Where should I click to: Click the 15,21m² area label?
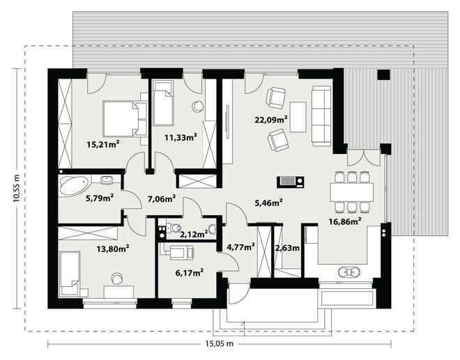pyautogui.click(x=103, y=144)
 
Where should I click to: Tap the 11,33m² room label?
pyautogui.click(x=181, y=137)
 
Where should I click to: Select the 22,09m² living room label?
pyautogui.click(x=271, y=119)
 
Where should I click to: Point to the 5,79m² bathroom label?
pyautogui.click(x=100, y=198)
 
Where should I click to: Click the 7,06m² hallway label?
pyautogui.click(x=162, y=199)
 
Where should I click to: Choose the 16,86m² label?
pyautogui.click(x=345, y=221)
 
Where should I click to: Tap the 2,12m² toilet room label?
pyautogui.click(x=194, y=234)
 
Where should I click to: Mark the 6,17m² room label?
pyautogui.click(x=190, y=273)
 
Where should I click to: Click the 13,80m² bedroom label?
pyautogui.click(x=113, y=249)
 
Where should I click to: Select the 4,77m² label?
pyautogui.click(x=241, y=247)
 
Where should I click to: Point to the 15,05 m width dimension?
pyautogui.click(x=220, y=343)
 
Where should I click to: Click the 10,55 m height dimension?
pyautogui.click(x=16, y=188)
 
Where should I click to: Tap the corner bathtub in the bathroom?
pyautogui.click(x=75, y=185)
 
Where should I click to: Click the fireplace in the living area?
pyautogui.click(x=290, y=182)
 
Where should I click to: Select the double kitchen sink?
pyautogui.click(x=348, y=272)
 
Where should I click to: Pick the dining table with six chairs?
pyautogui.click(x=351, y=192)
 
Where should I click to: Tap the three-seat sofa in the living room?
pyautogui.click(x=321, y=116)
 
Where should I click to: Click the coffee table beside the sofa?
pyautogui.click(x=298, y=117)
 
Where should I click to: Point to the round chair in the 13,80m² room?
pyautogui.click(x=117, y=279)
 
